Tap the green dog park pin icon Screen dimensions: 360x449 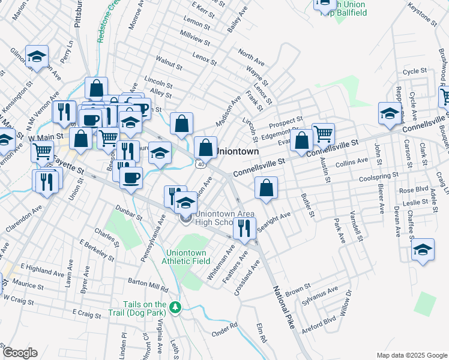pos(175,307)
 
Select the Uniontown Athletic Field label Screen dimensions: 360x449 pos(188,257)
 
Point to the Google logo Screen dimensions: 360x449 pos(20,353)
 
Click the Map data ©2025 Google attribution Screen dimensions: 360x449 pos(412,355)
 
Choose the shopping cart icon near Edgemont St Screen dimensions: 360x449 pos(324,133)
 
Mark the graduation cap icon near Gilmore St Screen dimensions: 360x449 pos(37,56)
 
